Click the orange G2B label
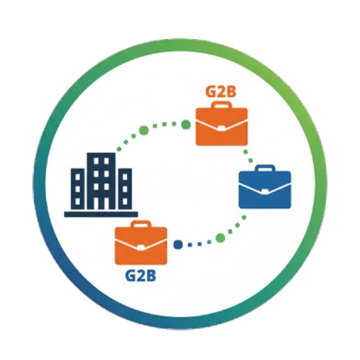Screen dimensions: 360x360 tap(221, 91)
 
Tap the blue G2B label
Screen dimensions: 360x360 tap(140, 276)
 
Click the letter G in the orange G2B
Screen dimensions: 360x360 tap(211, 91)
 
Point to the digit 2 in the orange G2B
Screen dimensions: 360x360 tap(222, 91)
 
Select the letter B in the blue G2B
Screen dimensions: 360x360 tap(151, 276)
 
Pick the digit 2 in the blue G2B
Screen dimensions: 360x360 tap(141, 276)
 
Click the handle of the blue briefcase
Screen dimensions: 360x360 tap(265, 168)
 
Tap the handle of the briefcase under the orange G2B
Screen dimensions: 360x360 tap(222, 105)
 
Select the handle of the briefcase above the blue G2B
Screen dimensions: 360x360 tap(141, 224)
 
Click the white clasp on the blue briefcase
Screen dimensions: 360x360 tap(265, 192)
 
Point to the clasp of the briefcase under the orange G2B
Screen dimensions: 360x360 tap(221, 128)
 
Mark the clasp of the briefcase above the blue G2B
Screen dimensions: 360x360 tap(141, 248)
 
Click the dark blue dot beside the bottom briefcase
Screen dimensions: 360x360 tap(178, 245)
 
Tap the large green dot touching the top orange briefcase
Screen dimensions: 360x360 tap(186, 125)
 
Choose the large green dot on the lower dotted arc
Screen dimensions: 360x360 tap(220, 238)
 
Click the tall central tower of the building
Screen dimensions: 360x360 tap(101, 181)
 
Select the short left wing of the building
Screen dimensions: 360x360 tap(78, 189)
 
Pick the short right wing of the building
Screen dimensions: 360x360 tap(125, 189)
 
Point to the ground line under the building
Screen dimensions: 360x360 tap(101, 214)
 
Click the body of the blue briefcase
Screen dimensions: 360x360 tap(265, 189)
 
